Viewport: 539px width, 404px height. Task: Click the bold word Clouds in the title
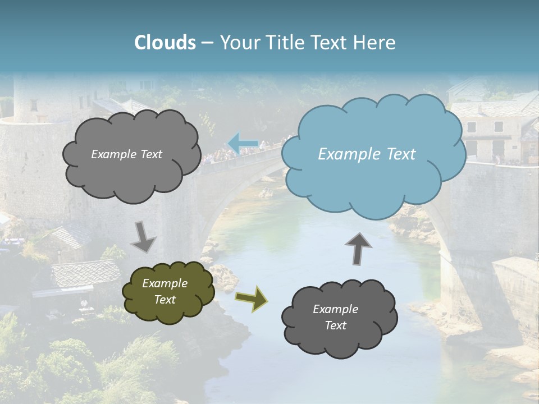tap(165, 43)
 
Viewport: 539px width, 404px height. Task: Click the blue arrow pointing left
tap(243, 143)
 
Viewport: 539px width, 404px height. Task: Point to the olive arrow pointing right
tap(252, 299)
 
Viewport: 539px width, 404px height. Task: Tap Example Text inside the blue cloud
tap(367, 154)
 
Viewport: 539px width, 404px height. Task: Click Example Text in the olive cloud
tap(165, 291)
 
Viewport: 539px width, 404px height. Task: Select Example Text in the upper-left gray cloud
tap(127, 154)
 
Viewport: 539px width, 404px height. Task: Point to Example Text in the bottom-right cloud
tap(335, 317)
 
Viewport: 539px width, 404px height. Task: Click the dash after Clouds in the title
tap(207, 43)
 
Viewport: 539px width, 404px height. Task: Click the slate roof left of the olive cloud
tap(84, 272)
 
